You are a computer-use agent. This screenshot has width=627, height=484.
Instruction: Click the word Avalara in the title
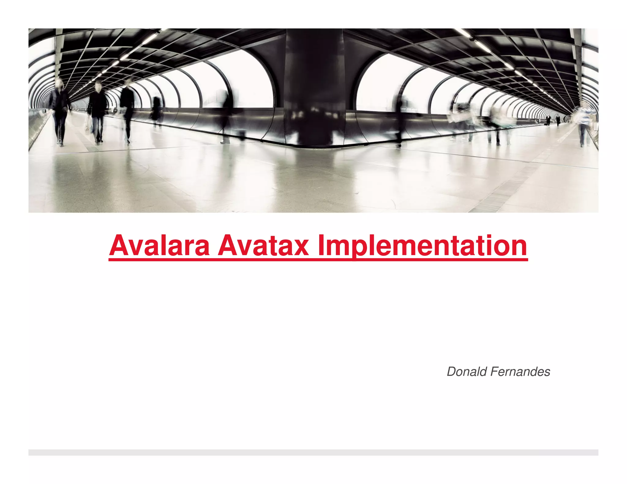point(160,246)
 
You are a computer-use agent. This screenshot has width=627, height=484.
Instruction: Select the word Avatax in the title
point(263,246)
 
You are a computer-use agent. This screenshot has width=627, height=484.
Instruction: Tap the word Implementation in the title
point(422,246)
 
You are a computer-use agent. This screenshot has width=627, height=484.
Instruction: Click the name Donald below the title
point(467,372)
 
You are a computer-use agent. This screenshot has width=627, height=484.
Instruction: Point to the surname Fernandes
point(520,372)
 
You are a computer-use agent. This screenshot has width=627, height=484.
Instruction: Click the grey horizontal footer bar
point(313,452)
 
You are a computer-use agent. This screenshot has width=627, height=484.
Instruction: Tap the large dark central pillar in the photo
point(314,89)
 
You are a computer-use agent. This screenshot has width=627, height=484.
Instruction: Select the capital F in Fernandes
point(494,372)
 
